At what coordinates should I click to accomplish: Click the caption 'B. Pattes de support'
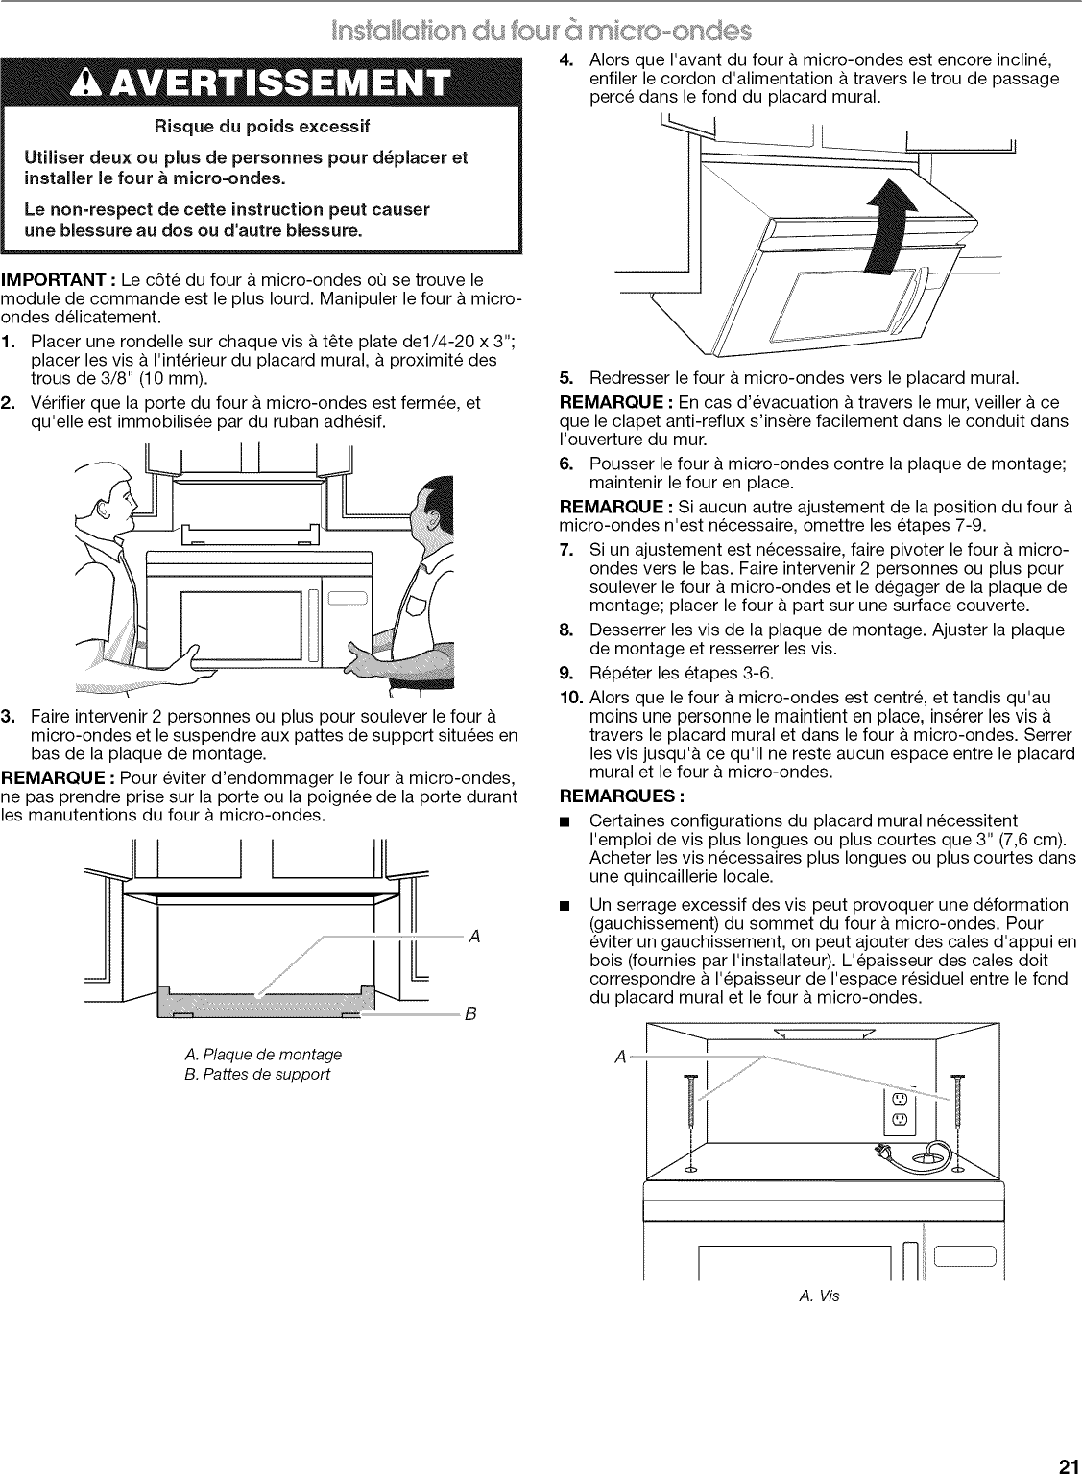pyautogui.click(x=256, y=1074)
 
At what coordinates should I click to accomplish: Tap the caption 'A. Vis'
pyautogui.click(x=819, y=1296)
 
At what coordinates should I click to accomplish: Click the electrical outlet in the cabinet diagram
pyautogui.click(x=900, y=1108)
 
